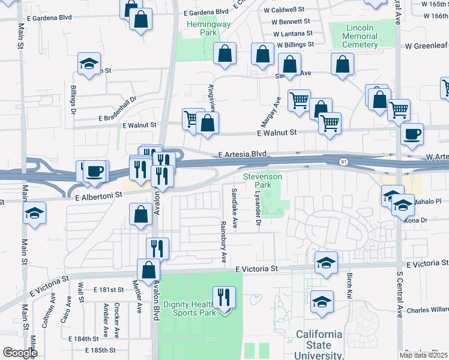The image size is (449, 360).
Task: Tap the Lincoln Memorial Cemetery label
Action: click(x=360, y=36)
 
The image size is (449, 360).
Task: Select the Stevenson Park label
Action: click(x=262, y=181)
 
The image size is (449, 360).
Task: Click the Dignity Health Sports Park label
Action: click(x=194, y=308)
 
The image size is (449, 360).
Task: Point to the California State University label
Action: click(x=319, y=345)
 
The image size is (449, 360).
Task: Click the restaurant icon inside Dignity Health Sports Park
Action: click(x=224, y=298)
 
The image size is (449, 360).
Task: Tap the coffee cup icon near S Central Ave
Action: click(x=412, y=135)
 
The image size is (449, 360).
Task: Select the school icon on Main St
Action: click(x=34, y=214)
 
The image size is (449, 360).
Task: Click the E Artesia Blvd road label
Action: click(x=242, y=154)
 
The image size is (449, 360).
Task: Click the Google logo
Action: click(x=19, y=353)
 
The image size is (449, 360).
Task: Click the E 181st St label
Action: click(x=108, y=289)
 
